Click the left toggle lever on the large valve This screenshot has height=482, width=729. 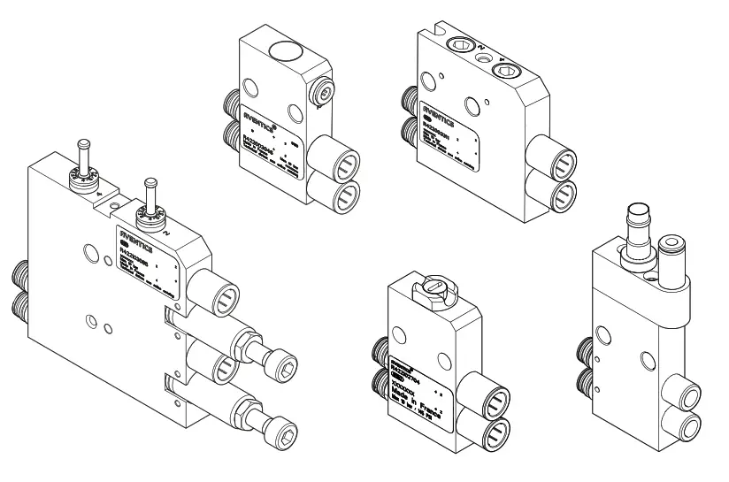[85, 159]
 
